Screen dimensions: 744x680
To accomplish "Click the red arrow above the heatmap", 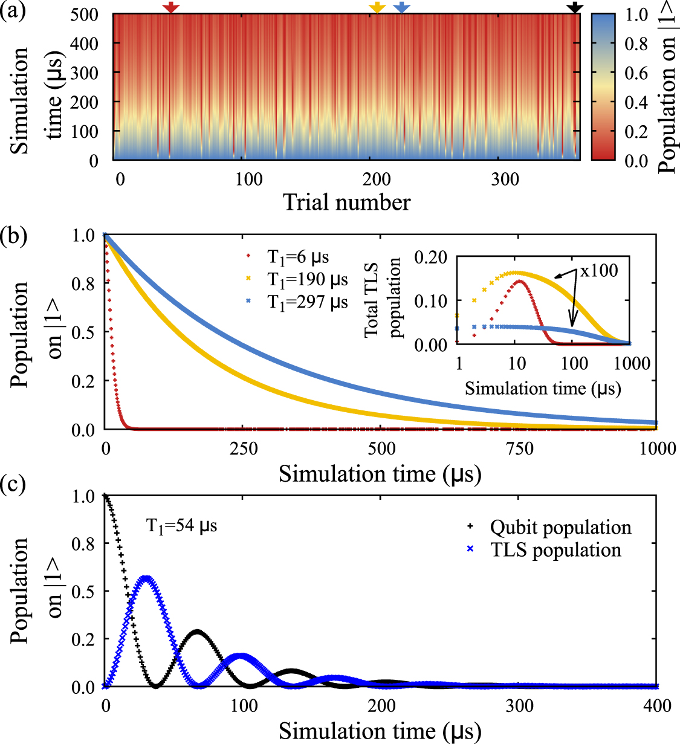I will point(171,7).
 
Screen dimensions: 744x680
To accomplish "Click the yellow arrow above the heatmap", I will point(377,7).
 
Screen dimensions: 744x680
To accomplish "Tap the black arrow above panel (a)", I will point(575,7).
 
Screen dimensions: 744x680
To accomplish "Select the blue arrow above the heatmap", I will point(401,7).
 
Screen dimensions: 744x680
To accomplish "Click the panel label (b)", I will point(14,235).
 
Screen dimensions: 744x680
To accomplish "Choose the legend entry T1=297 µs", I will point(307,301).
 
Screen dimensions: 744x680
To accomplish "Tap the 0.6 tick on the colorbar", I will point(636,73).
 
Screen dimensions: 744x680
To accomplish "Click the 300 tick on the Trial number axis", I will point(505,180).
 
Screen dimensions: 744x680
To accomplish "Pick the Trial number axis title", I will point(346,202).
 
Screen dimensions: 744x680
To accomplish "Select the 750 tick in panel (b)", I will point(519,448).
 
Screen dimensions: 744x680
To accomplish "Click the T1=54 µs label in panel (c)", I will point(182,526).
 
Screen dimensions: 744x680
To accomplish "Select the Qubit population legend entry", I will point(560,527).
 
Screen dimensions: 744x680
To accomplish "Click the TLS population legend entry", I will point(555,550).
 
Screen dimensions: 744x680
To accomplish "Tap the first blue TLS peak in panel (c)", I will point(145,578).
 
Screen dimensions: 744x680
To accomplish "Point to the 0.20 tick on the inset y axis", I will point(430,257).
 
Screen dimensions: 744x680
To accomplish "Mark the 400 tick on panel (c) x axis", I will point(657,705).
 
